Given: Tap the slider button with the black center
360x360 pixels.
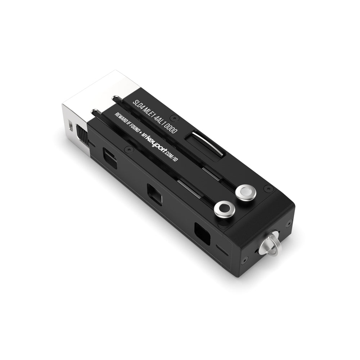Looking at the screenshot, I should (x=225, y=209).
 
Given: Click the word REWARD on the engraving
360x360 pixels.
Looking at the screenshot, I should (x=121, y=119).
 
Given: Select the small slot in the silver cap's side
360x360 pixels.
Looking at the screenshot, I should (x=69, y=126).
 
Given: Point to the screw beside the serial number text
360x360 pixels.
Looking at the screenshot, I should (x=175, y=118).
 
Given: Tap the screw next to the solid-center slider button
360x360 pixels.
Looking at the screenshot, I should (x=268, y=188).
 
